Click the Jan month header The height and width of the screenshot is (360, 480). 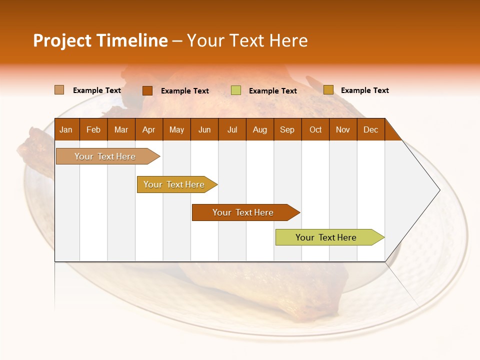coord(66,130)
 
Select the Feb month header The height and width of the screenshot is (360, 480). coord(93,130)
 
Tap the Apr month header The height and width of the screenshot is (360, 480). coord(149,130)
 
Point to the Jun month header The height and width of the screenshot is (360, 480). coord(204,130)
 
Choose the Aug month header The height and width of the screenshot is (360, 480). coord(260,130)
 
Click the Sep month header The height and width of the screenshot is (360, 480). coord(287,130)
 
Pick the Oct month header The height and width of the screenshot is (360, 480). coord(315,130)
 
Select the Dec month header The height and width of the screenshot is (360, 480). coord(371,130)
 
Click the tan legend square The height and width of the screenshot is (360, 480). coord(59,90)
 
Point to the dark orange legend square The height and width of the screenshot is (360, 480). coord(147,90)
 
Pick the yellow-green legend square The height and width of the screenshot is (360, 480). coord(236,90)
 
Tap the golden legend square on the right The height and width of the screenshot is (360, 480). coord(328,90)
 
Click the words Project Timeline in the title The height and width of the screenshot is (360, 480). coord(100,40)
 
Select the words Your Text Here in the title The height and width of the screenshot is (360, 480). coord(247,40)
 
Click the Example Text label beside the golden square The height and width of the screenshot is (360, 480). coord(364,90)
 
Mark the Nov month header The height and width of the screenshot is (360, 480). coord(343,130)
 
